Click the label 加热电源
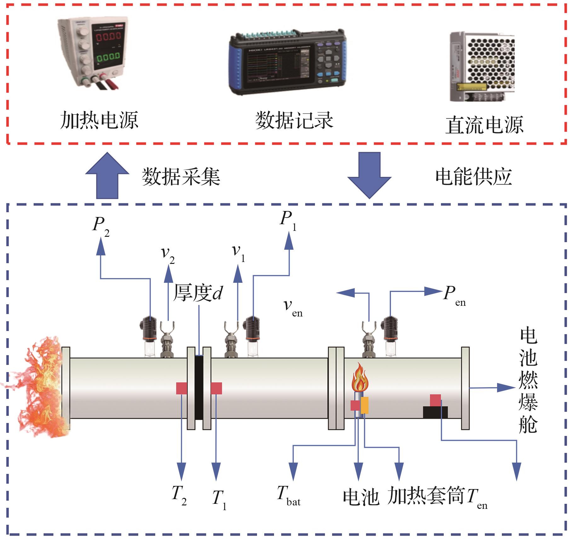(x=99, y=120)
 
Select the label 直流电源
(x=484, y=125)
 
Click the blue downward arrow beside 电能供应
(x=369, y=175)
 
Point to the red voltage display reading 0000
(x=108, y=37)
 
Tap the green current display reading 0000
(x=108, y=57)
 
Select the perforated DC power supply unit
(x=482, y=66)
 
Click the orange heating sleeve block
(x=364, y=405)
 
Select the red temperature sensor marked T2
(x=181, y=388)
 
